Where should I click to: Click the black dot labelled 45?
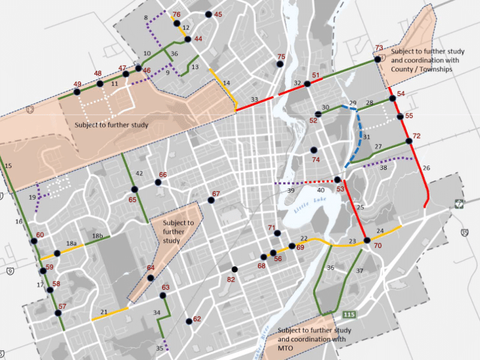(208, 14)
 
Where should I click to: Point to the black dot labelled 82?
(234, 269)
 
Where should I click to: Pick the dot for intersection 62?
(188, 321)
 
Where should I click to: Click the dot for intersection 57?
(59, 313)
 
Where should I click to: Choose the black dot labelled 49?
(77, 92)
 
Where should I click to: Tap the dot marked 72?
(409, 141)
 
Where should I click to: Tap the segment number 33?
(254, 99)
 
